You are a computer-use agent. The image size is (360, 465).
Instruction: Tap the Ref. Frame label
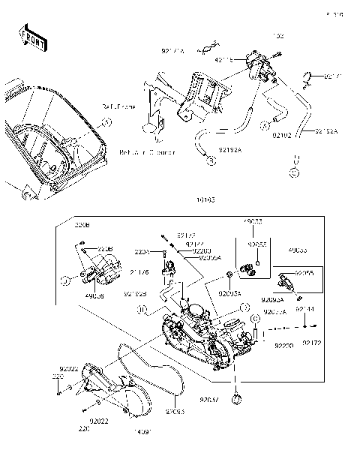[119, 107]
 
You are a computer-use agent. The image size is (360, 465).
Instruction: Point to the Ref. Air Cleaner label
[147, 151]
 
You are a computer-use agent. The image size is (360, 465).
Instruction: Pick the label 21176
[139, 272]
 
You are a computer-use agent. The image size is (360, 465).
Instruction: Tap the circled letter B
[211, 160]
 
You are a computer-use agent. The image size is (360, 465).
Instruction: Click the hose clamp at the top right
[310, 76]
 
